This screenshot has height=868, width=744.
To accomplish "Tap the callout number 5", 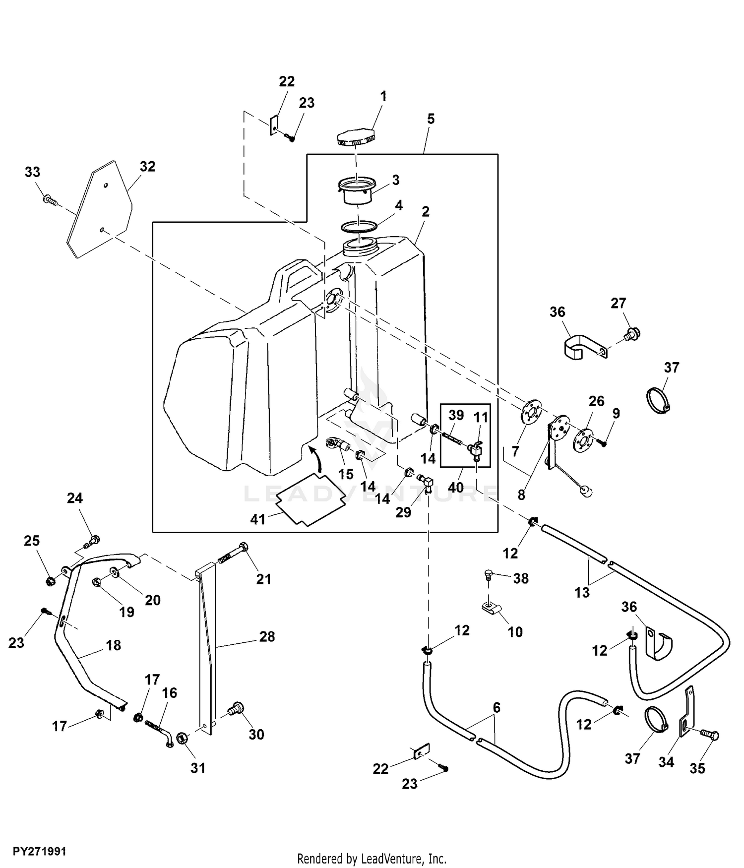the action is (431, 119).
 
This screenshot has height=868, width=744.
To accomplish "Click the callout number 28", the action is (267, 636).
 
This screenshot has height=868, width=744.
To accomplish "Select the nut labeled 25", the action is (50, 581).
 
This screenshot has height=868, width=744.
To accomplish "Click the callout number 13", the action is (582, 592).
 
